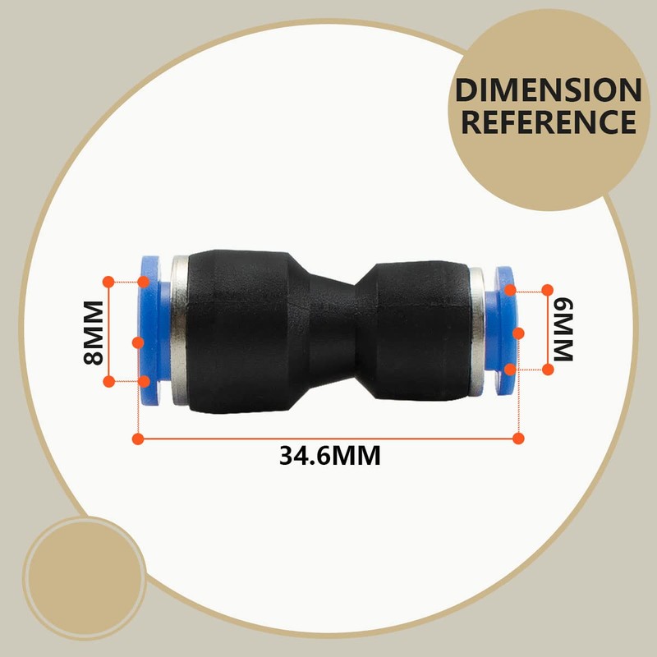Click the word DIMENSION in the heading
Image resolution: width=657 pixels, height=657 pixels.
coord(549,90)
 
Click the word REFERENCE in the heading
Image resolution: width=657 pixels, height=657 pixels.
coord(549,122)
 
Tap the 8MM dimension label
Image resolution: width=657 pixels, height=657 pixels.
coord(93,332)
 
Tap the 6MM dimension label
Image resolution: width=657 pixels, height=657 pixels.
coord(562,328)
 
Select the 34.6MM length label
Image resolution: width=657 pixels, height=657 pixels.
coord(330,455)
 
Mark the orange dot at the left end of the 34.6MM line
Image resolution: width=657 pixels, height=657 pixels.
coord(138,439)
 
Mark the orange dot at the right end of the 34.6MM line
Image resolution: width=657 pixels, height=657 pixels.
coord(518,439)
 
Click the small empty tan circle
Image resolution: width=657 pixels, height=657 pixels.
coord(84,570)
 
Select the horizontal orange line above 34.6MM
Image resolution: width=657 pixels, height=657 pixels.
coord(328,439)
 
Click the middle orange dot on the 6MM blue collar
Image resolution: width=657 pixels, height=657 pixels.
coord(518,333)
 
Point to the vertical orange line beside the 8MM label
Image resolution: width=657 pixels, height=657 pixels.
coord(108,332)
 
